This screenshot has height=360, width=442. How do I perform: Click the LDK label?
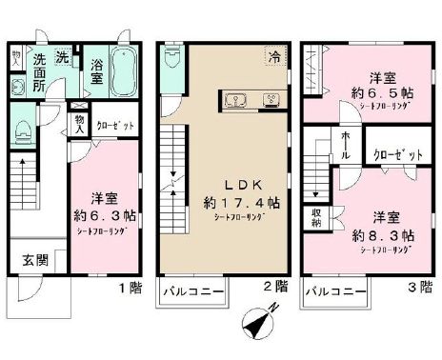coord(226,185)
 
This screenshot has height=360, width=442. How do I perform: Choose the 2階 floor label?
coord(274,286)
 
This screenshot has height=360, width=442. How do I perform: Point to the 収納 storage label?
coord(315,218)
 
